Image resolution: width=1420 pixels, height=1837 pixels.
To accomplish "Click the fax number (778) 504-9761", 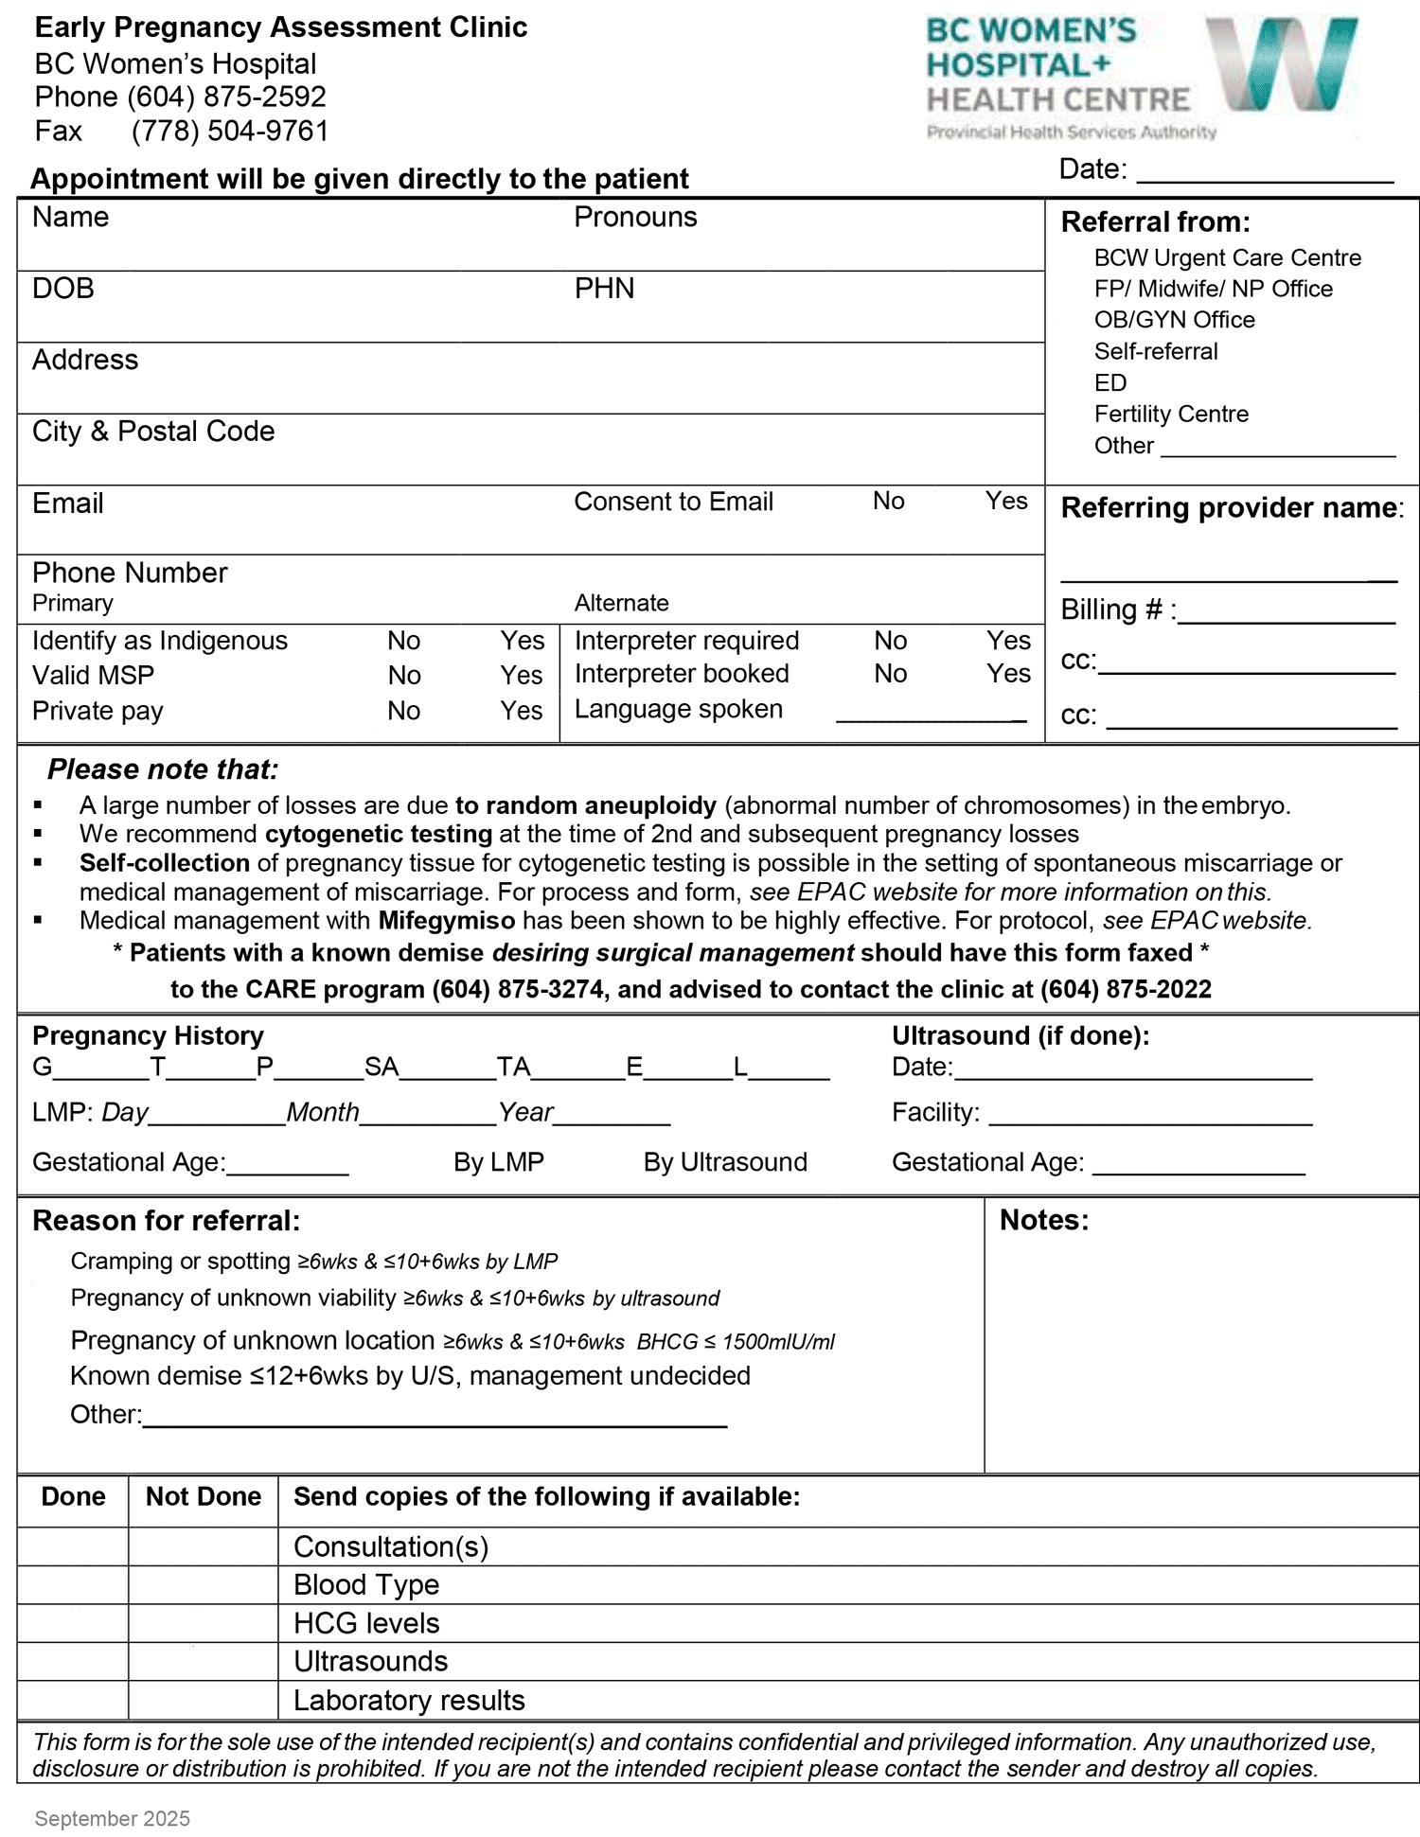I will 230,131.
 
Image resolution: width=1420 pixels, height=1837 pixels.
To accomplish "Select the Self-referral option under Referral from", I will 1155,351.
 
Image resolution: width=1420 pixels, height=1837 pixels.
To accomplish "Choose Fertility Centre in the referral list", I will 1170,414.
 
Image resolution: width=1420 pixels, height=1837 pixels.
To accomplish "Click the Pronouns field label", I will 635,217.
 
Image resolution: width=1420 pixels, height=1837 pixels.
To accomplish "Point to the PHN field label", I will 604,288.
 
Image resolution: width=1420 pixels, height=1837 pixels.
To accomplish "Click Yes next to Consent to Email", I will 1005,501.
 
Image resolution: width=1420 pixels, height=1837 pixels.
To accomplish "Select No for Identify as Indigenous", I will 403,641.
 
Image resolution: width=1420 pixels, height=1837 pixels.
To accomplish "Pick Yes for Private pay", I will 521,711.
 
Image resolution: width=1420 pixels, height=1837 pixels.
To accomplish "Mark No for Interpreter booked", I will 890,674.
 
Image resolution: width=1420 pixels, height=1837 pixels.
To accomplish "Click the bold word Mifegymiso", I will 447,920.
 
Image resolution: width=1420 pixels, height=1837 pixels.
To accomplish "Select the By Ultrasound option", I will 724,1162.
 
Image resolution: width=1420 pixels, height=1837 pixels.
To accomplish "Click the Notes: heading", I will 1043,1220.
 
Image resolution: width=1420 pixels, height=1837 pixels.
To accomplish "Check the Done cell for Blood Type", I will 73,1585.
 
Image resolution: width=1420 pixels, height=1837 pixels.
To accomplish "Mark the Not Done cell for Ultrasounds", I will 203,1662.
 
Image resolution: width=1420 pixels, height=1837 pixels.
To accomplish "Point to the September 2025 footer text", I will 112,1818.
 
